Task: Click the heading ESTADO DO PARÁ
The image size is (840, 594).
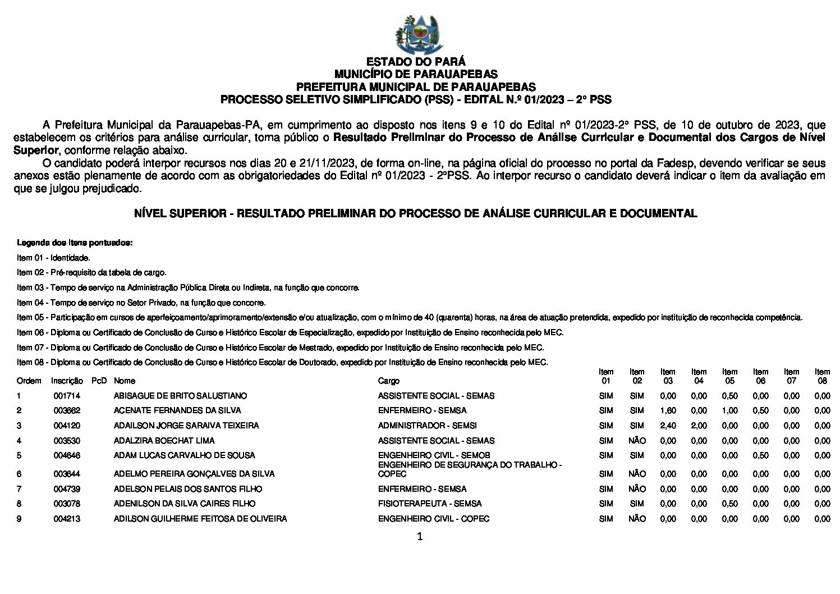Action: click(x=416, y=62)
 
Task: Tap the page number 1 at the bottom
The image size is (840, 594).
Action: click(x=420, y=537)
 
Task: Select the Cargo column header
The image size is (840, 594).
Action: click(x=388, y=381)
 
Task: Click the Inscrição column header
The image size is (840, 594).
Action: click(x=67, y=381)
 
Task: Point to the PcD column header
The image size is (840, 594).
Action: click(x=99, y=381)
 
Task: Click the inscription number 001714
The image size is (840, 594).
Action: click(x=67, y=396)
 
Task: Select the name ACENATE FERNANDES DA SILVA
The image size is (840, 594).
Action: click(x=167, y=410)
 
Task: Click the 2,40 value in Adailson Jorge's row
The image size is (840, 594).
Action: click(x=668, y=426)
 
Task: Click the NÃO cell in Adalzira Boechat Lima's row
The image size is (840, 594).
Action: click(x=637, y=441)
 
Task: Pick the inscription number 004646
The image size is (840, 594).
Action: click(x=67, y=455)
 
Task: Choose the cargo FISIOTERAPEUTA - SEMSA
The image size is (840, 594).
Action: click(x=430, y=504)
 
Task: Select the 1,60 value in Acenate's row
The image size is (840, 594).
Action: click(x=668, y=410)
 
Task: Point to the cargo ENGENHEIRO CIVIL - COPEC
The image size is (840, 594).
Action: click(x=433, y=519)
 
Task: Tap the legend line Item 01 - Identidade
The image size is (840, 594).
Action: click(x=53, y=258)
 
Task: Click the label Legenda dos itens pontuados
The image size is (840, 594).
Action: click(x=75, y=243)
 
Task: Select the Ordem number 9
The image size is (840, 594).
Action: click(x=19, y=519)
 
